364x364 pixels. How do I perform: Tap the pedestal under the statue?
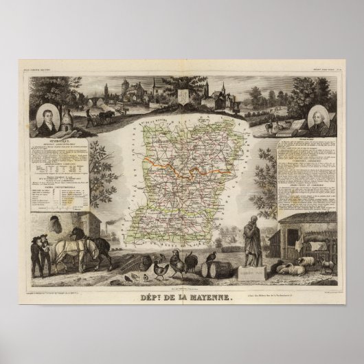251,271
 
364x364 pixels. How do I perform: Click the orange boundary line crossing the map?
179,167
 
